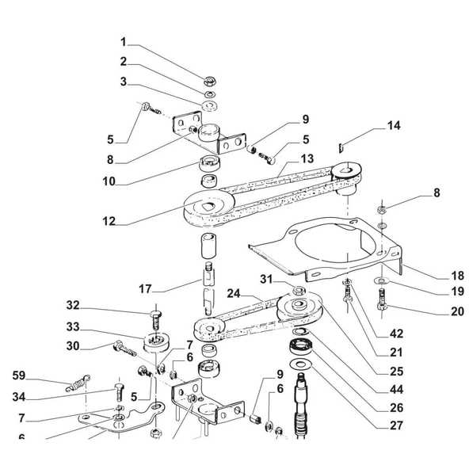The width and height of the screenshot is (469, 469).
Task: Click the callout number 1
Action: [x=124, y=42]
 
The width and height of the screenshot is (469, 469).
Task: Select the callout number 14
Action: [x=394, y=126]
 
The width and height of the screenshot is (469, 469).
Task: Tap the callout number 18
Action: [x=457, y=276]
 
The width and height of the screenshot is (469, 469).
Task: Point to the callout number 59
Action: [x=19, y=376]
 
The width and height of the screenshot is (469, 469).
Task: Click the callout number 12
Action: [x=109, y=221]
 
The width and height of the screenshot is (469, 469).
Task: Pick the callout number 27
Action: [x=397, y=425]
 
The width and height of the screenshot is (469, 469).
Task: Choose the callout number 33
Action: [x=73, y=327]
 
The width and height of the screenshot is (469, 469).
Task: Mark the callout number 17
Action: [x=145, y=289]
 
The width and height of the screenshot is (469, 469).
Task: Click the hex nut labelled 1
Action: [x=210, y=82]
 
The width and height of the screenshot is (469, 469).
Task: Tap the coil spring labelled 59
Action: [x=78, y=383]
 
